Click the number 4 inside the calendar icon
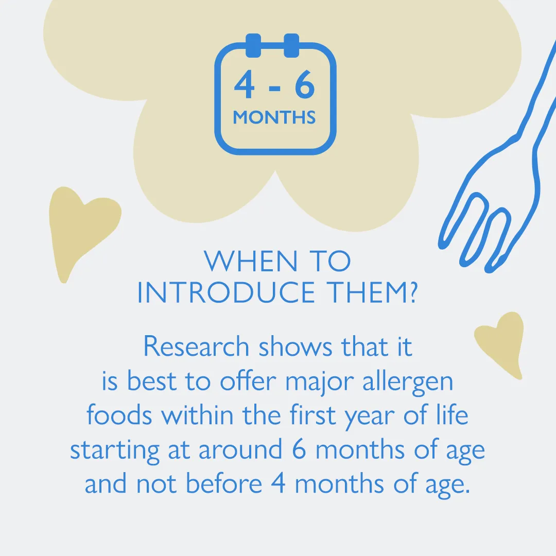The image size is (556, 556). (x=245, y=84)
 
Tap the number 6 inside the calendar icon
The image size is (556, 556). (x=305, y=84)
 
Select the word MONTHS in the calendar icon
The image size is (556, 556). (x=274, y=117)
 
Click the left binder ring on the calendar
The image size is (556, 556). (x=253, y=45)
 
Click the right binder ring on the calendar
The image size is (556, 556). (x=291, y=45)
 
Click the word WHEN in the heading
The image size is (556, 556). (x=250, y=262)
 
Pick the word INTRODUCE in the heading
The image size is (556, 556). (x=226, y=292)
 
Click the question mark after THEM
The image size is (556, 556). (x=412, y=292)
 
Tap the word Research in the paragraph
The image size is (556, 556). (x=196, y=346)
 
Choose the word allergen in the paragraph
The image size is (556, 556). (x=408, y=382)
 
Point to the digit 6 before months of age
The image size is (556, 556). (x=299, y=449)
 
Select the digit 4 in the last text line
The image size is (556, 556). (x=279, y=483)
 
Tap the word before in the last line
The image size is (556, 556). (x=224, y=483)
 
